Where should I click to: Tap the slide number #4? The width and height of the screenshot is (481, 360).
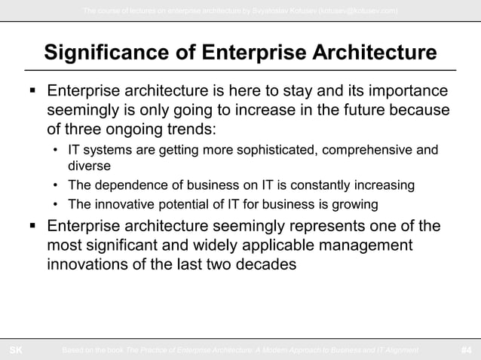[466, 349]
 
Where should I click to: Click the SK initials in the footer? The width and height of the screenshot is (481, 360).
[15, 349]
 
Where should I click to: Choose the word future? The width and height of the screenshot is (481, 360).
[357, 111]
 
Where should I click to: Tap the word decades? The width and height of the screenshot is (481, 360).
[265, 264]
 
